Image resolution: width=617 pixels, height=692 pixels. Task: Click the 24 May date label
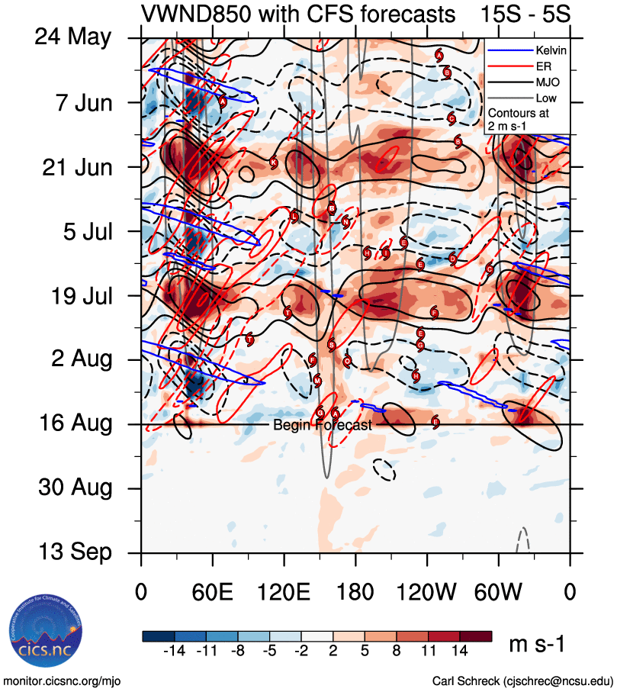click(73, 38)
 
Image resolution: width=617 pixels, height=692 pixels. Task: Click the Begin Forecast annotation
click(322, 425)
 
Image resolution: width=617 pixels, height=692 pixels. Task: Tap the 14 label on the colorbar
click(460, 653)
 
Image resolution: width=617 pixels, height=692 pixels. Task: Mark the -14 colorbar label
click(175, 653)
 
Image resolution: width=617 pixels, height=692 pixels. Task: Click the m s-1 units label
click(537, 645)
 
